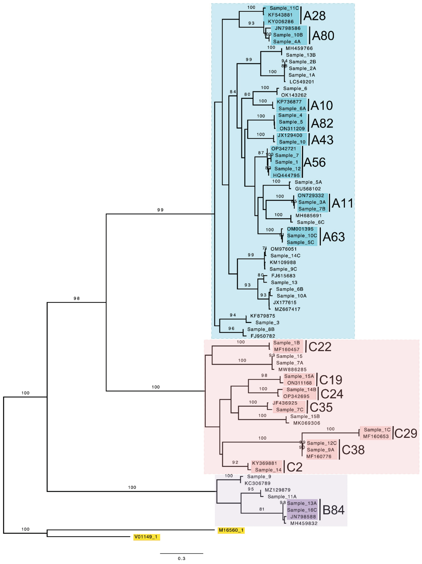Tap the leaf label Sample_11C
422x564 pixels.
(x=284, y=8)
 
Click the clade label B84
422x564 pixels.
(x=333, y=510)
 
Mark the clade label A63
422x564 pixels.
(x=333, y=237)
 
